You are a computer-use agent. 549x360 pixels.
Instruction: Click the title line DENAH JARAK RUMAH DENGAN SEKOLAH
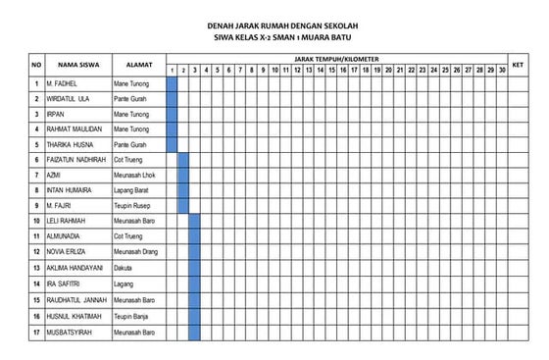274,26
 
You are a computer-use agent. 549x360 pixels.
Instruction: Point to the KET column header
518,65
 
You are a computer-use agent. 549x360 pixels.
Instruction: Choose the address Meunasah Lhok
134,175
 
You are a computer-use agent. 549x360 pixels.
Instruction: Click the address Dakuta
125,268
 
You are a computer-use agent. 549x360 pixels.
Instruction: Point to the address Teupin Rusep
133,205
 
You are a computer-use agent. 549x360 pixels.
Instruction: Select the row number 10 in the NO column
36,221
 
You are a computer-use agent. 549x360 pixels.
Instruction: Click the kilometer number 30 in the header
502,71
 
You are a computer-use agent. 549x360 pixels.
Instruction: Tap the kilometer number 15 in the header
331,71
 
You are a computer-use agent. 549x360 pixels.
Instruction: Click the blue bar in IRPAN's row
172,114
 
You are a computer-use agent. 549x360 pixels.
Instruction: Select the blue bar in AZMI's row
182,175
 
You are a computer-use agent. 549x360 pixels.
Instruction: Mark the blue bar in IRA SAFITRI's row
194,283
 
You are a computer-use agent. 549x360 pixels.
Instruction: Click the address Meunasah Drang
136,252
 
